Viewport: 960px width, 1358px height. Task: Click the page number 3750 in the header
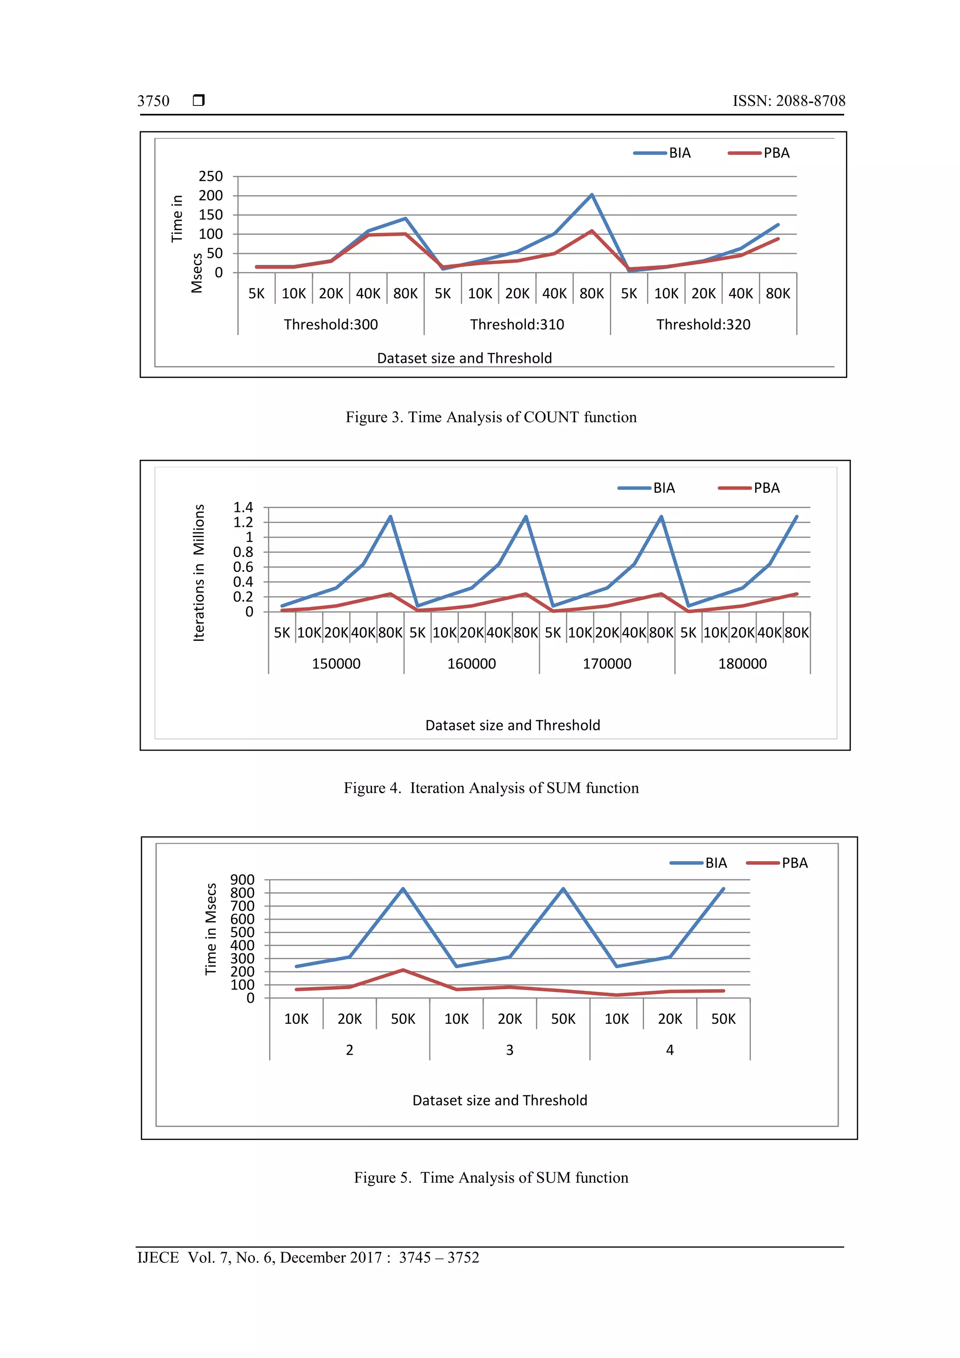tap(153, 101)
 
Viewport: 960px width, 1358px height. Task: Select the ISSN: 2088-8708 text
tap(788, 101)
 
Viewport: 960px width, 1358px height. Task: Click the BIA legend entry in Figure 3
tap(662, 153)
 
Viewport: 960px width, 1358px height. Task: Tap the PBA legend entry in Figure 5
tap(777, 863)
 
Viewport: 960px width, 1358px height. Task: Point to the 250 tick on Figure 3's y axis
tap(210, 176)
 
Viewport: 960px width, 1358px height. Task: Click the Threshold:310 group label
tap(517, 325)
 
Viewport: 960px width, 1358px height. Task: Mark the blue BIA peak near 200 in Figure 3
tap(592, 195)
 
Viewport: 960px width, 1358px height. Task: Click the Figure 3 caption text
tap(491, 418)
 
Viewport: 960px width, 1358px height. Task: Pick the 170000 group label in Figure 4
tap(607, 664)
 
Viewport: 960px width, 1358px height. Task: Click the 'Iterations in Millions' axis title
tap(199, 572)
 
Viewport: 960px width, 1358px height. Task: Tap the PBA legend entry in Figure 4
tap(750, 488)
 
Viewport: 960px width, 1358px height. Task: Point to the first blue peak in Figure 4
tap(390, 517)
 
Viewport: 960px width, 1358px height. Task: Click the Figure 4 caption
tap(491, 788)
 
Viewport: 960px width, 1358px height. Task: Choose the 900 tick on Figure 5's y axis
tap(242, 880)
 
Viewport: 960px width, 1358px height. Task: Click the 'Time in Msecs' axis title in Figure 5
tap(210, 929)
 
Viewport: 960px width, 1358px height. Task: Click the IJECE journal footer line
tap(308, 1258)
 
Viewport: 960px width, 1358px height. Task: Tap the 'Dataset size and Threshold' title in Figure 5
tap(500, 1101)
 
